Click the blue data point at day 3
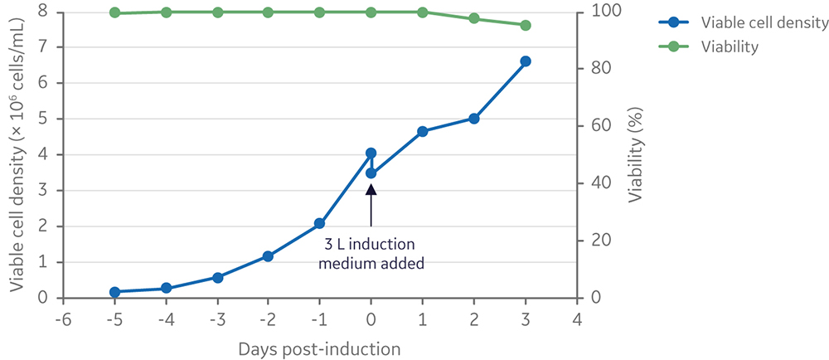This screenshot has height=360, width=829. pyautogui.click(x=525, y=61)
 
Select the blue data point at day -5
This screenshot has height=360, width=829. pyautogui.click(x=114, y=292)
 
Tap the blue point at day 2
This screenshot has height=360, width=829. pyautogui.click(x=473, y=119)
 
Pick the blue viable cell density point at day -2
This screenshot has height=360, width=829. pyautogui.click(x=268, y=256)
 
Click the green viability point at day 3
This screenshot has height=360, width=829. pyautogui.click(x=525, y=25)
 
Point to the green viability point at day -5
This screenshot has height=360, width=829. pyautogui.click(x=114, y=12)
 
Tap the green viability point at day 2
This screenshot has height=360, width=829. pyautogui.click(x=473, y=18)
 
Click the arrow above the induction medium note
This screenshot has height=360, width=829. pyautogui.click(x=371, y=204)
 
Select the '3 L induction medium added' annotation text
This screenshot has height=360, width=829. pyautogui.click(x=371, y=254)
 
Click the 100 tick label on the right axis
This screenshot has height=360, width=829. pyautogui.click(x=600, y=11)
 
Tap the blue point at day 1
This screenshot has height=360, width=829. pyautogui.click(x=422, y=131)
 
